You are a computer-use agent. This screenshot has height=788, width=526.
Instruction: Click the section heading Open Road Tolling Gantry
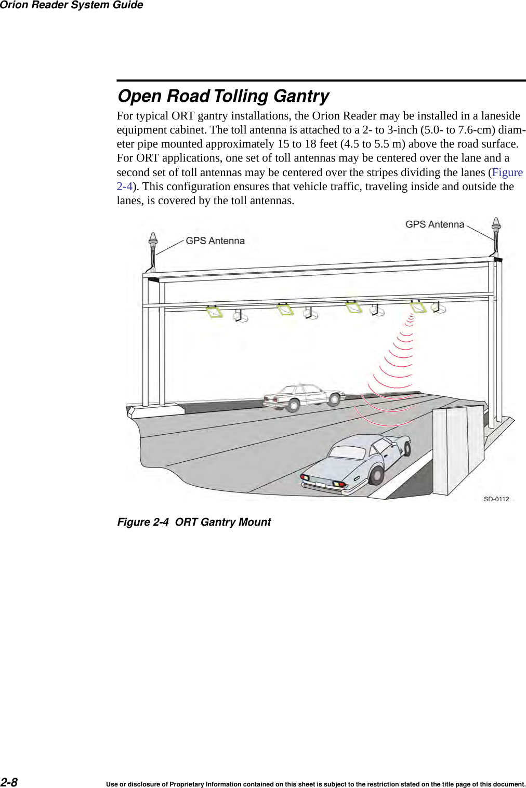click(x=223, y=96)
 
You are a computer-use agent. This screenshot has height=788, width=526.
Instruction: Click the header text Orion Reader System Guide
click(x=72, y=5)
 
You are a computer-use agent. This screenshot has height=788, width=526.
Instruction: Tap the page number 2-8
click(x=9, y=782)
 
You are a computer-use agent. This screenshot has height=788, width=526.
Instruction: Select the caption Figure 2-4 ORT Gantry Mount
click(x=194, y=522)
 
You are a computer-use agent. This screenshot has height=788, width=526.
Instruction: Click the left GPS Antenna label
click(x=215, y=241)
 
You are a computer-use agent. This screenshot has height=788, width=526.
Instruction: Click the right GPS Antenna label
click(x=435, y=224)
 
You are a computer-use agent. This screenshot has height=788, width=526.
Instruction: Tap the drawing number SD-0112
click(x=496, y=499)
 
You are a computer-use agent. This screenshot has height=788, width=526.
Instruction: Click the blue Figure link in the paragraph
click(x=507, y=172)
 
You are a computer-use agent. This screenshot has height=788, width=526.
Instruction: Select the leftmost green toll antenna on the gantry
click(x=215, y=312)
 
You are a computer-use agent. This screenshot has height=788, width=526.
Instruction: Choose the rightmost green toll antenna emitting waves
click(x=418, y=306)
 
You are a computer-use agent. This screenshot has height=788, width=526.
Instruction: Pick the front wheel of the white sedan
click(x=294, y=405)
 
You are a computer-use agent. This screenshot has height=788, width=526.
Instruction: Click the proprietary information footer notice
click(x=315, y=784)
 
